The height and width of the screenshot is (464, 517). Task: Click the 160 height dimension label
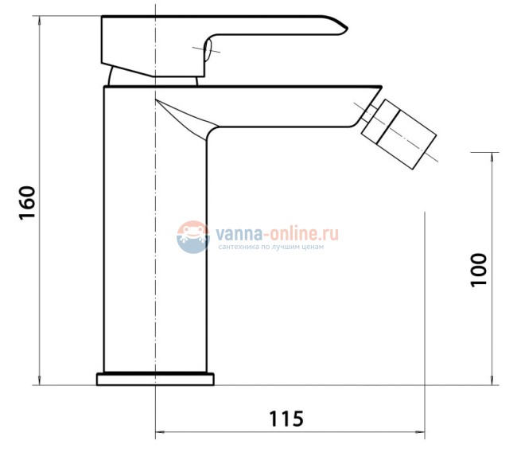click(27, 203)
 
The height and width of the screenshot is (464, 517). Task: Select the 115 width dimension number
click(286, 419)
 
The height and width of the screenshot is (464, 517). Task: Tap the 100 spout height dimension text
click(478, 270)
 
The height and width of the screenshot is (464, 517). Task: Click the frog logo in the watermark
click(193, 237)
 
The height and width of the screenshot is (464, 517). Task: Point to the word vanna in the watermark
click(239, 234)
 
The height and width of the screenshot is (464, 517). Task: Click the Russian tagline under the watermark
click(270, 247)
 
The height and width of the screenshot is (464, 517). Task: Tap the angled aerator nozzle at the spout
click(399, 134)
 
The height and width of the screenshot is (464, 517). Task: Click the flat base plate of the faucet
click(155, 379)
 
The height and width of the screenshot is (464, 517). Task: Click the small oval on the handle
click(208, 50)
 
